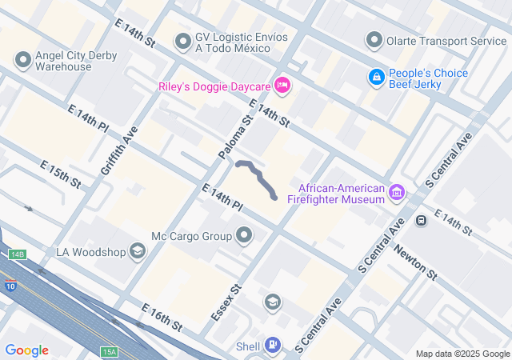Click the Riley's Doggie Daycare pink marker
point(282,84)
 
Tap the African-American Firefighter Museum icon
point(396,192)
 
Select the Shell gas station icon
point(274,345)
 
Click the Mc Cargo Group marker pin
point(245,236)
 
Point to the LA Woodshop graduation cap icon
point(137,252)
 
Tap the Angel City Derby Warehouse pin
point(22,61)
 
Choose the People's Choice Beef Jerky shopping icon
point(375,77)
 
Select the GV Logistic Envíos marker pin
point(183,40)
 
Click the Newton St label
point(416,262)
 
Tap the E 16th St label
point(161,318)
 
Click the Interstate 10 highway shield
point(8,286)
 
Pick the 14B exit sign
point(18,254)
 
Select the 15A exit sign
point(110,351)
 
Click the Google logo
point(26,350)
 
